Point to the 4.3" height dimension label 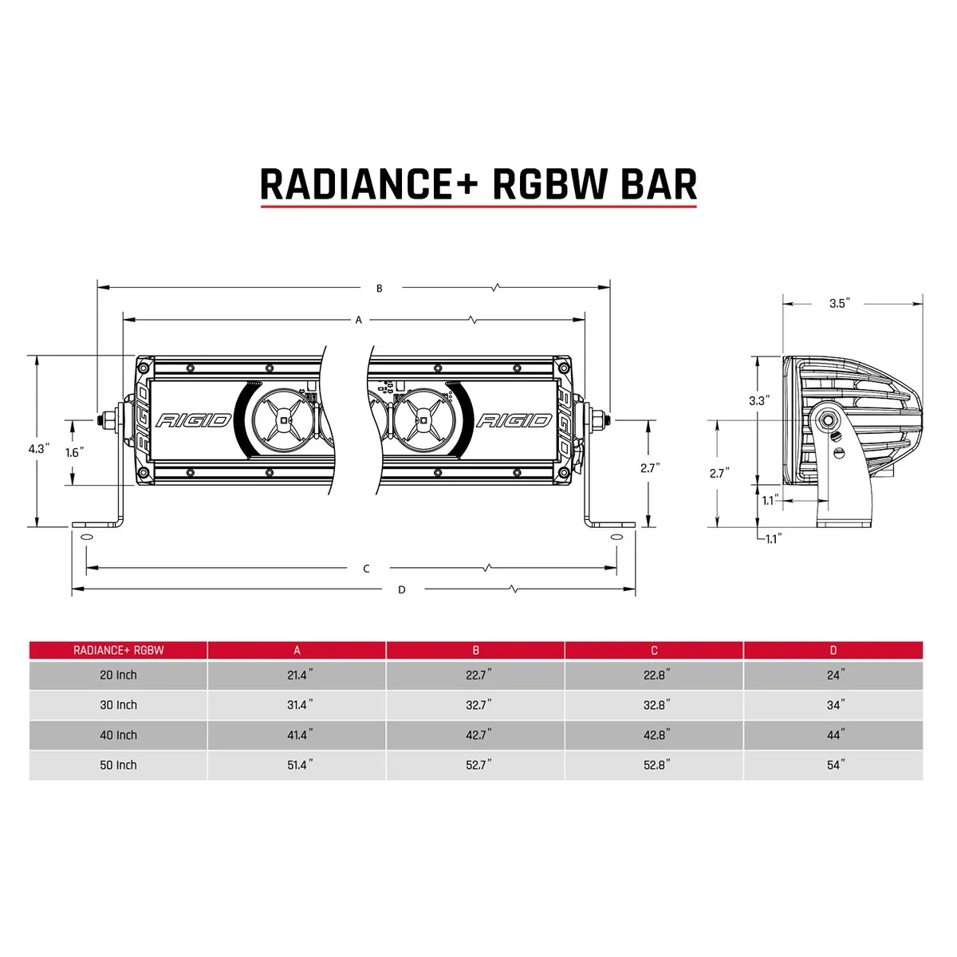pos(38,449)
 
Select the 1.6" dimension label pos(74,452)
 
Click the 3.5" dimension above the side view pos(839,304)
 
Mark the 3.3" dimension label pos(758,401)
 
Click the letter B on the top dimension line pos(380,288)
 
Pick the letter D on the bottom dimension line pos(402,590)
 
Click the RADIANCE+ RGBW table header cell pos(118,650)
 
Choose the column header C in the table pos(654,650)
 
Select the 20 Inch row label pos(118,675)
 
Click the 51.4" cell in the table pos(299,766)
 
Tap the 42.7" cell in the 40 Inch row pos(478,735)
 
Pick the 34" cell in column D pos(834,705)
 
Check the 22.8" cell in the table pos(656,675)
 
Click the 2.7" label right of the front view pos(650,468)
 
